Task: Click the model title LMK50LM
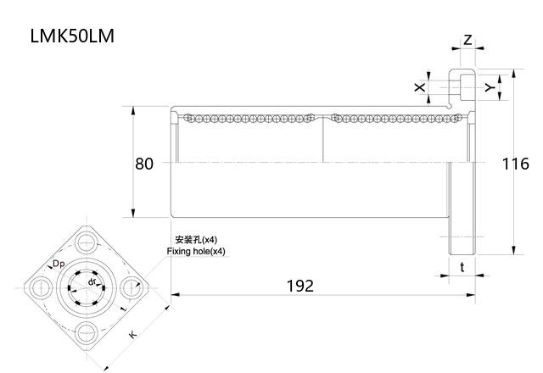[x=72, y=36]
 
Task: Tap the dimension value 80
[x=144, y=163]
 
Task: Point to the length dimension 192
[x=299, y=286]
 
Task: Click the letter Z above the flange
[x=467, y=41]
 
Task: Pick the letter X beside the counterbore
[x=418, y=87]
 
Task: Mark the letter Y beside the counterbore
[x=489, y=87]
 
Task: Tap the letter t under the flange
[x=462, y=266]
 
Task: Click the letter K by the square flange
[x=132, y=336]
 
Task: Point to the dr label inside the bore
[x=92, y=281]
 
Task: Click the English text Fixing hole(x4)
[x=196, y=252]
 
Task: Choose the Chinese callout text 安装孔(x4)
[x=195, y=240]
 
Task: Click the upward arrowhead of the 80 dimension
[x=133, y=110]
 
